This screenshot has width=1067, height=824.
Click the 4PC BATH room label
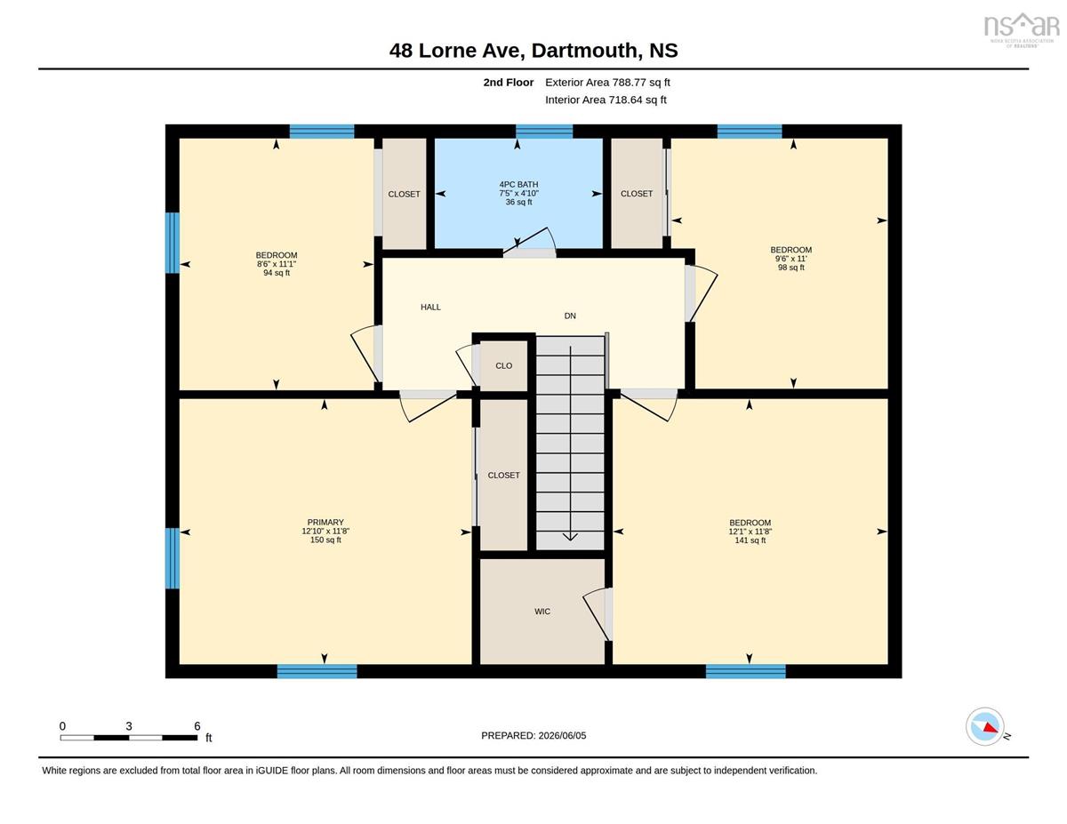pos(518,185)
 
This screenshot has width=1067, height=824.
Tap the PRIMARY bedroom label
pos(325,522)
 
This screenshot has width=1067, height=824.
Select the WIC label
pos(542,612)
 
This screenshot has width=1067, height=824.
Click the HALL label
pos(430,308)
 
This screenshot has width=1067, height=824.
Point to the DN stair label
pos(570,316)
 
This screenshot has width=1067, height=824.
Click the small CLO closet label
pos(504,365)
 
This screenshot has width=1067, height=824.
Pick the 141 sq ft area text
pos(750,540)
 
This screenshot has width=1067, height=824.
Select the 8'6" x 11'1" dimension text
pos(277,264)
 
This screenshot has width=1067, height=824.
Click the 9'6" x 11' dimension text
pos(791,259)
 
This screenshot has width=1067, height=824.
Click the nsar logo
pos(1021,29)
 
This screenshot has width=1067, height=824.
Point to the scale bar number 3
pos(129,726)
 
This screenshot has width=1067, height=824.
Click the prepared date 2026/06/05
pos(562,736)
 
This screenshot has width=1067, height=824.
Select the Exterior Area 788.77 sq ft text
pos(607,83)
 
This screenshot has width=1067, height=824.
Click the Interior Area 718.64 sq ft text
pos(606,100)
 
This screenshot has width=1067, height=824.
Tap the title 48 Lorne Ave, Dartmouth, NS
pos(533,51)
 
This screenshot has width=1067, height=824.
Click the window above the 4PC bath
pos(544,132)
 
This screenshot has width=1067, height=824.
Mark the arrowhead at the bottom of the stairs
pos(570,536)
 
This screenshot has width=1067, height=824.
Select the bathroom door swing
pos(530,241)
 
